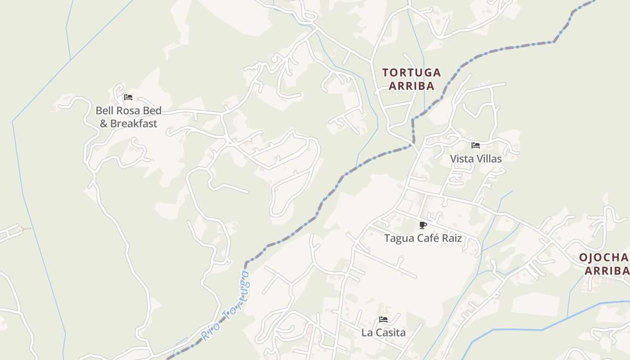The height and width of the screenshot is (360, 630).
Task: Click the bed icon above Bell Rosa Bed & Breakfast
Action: coord(128,97)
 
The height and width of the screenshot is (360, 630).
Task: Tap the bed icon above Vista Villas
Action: coord(476,145)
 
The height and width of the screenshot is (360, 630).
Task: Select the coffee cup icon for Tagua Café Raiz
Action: coord(423,225)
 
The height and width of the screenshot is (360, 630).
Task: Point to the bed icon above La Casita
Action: coord(383,319)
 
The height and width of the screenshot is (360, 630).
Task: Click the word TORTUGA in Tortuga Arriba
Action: coord(411,72)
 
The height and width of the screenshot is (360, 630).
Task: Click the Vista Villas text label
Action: coord(476,159)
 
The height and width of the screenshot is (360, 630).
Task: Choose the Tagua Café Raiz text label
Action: coord(423,238)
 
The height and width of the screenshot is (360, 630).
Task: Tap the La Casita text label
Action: coord(383,333)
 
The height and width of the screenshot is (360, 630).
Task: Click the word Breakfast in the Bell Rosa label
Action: coord(134,123)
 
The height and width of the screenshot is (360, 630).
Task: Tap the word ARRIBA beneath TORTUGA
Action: coord(411,86)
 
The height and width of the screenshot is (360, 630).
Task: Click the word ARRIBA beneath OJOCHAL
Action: coord(607,271)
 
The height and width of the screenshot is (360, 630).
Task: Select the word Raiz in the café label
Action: coord(452,238)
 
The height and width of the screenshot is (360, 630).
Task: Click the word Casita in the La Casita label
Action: coord(390,333)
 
